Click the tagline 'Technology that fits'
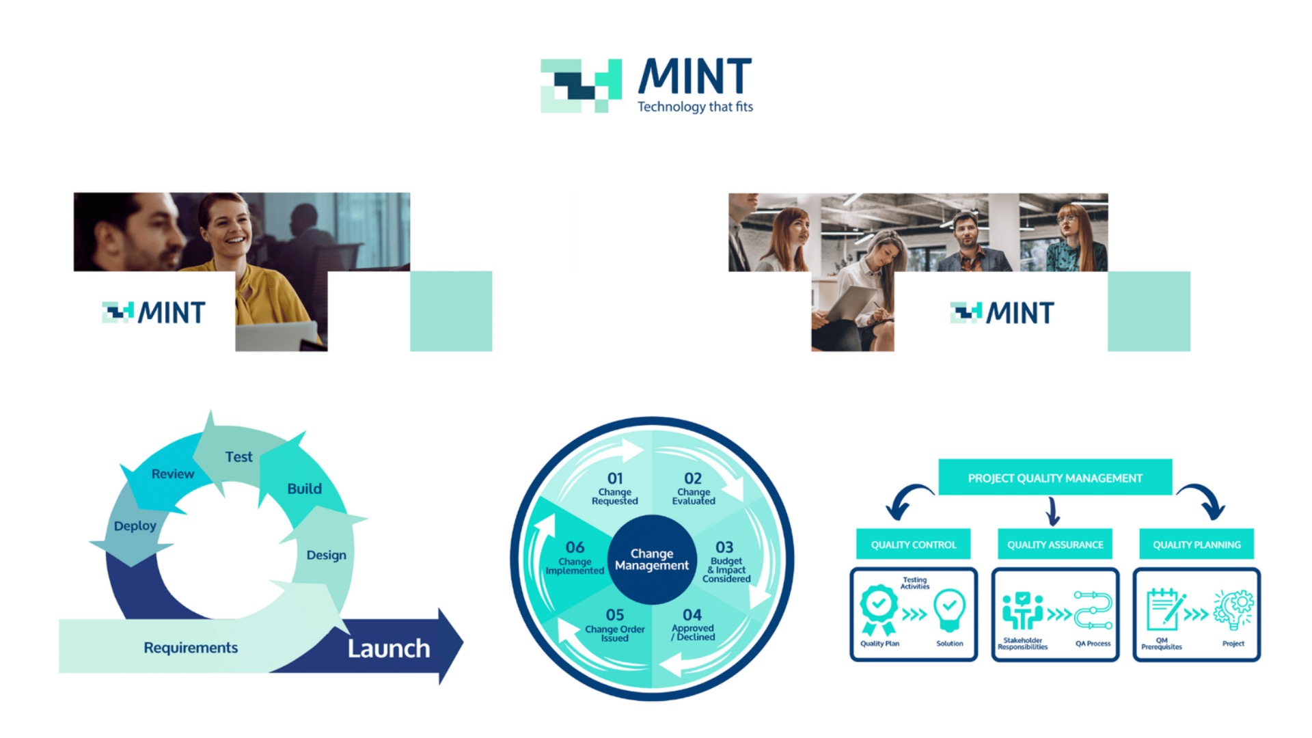pos(695,107)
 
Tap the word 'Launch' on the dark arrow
pos(389,648)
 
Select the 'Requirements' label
pos(191,648)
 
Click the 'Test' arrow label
pos(238,457)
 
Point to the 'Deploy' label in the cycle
pos(135,526)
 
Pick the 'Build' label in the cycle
pos(304,489)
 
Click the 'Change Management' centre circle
pos(652,560)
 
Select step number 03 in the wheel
pos(724,548)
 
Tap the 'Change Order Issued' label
pos(614,633)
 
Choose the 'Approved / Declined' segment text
pos(693,632)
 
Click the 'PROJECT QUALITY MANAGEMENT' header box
pos(1055,478)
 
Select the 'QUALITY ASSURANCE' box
pos(1055,545)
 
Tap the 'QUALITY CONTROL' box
pos(913,545)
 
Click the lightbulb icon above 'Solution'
pos(949,609)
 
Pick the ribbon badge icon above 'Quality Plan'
pos(879,609)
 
